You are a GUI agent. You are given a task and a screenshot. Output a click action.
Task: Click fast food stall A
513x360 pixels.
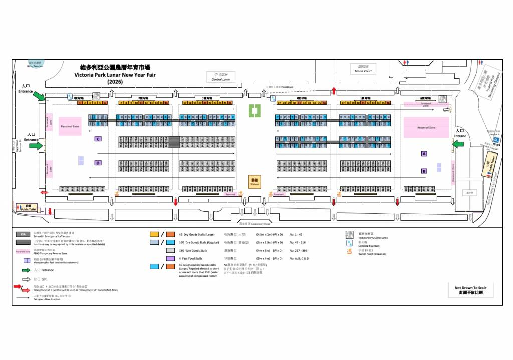click(x=424, y=154)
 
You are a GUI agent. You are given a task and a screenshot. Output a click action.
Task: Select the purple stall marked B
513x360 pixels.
click(x=424, y=171)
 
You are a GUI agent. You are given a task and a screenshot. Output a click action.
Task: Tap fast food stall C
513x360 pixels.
click(x=98, y=139)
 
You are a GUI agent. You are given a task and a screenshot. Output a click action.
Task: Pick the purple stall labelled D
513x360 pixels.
click(x=98, y=163)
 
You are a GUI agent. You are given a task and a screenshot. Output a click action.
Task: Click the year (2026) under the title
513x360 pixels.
click(x=115, y=81)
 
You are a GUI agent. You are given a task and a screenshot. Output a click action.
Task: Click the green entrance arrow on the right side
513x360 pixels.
click(x=458, y=144)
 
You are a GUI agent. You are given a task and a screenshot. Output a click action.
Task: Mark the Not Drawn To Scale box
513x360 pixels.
click(x=470, y=289)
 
